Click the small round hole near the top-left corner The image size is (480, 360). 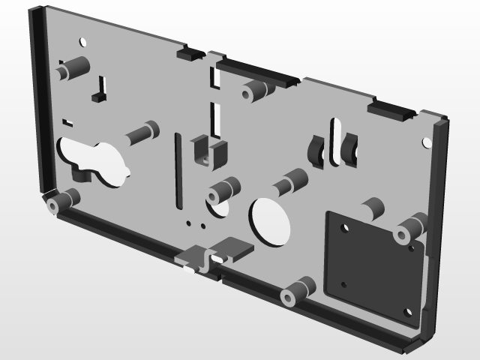tap(83, 41)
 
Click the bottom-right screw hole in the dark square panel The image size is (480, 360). tap(407, 312)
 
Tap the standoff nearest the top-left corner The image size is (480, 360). tap(72, 69)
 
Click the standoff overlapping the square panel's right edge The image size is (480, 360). tap(411, 228)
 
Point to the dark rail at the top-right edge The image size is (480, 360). tap(391, 112)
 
